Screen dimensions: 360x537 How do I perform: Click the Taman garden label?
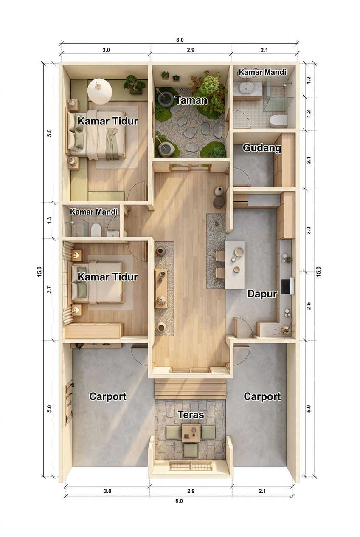(191, 100)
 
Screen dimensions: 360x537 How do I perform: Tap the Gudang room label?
(262, 148)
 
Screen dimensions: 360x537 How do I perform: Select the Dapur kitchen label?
(262, 294)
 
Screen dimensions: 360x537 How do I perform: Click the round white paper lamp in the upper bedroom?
(100, 91)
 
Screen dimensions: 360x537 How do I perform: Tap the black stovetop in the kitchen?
(286, 286)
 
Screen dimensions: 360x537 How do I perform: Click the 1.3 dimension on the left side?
(49, 220)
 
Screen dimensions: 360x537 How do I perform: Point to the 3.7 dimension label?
(49, 290)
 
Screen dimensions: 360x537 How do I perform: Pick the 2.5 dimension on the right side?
(309, 306)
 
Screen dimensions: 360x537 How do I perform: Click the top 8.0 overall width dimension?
(180, 40)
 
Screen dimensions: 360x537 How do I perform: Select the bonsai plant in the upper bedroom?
(135, 84)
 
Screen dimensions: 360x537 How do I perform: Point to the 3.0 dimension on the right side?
(309, 230)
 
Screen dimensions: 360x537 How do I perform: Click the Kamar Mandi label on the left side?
(94, 212)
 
